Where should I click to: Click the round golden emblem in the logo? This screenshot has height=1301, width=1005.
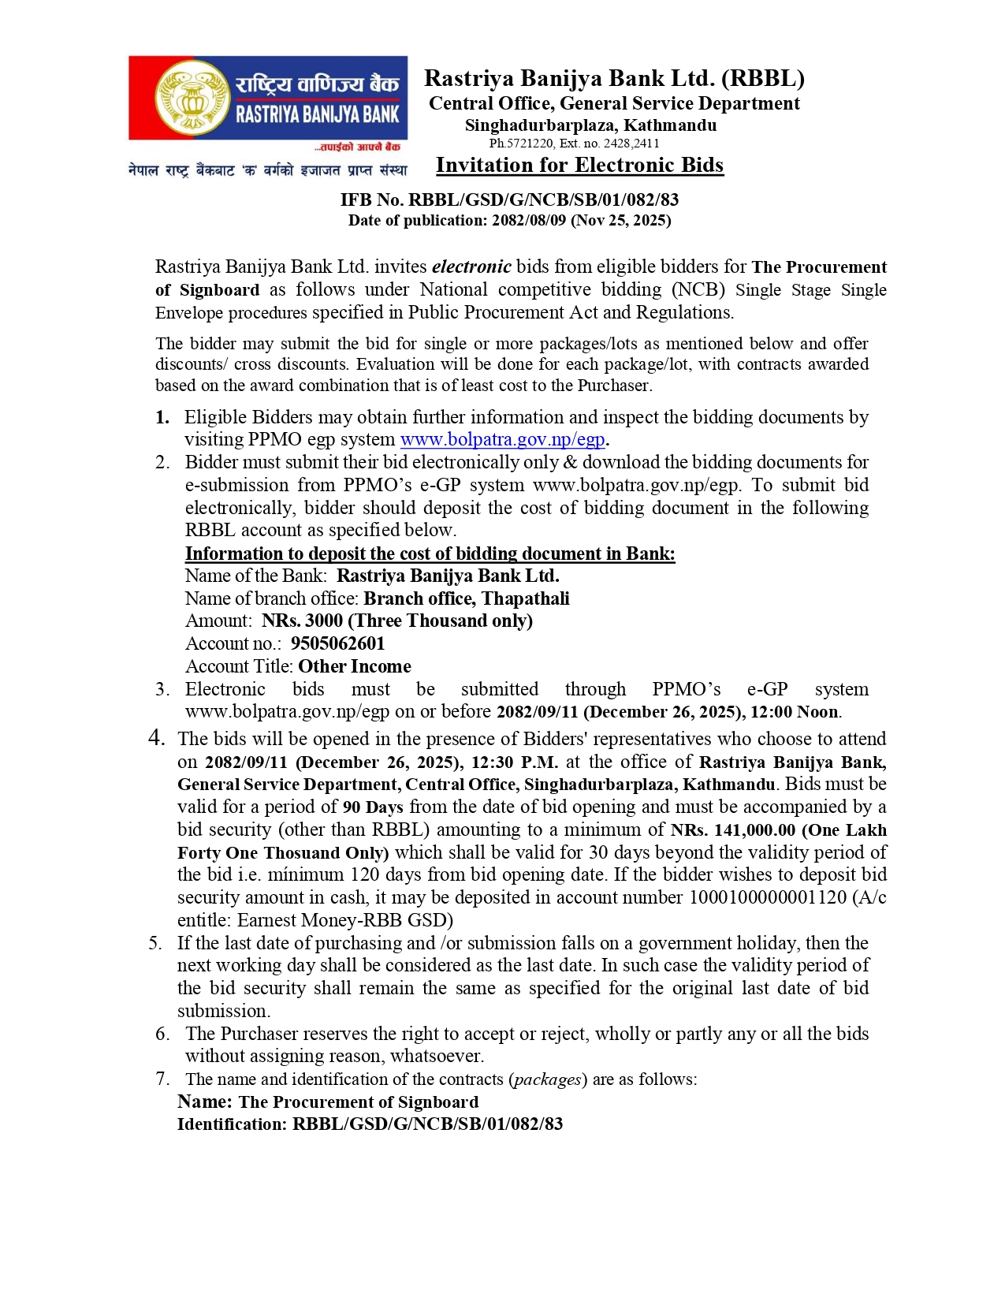tap(190, 98)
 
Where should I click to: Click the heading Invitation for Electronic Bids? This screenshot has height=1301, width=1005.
tap(579, 165)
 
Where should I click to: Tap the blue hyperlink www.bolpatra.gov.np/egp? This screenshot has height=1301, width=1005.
tap(502, 440)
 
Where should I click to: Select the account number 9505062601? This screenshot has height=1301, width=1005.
tap(337, 643)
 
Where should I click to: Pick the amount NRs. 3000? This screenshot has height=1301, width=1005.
tap(302, 621)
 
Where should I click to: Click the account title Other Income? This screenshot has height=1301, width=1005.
tap(355, 666)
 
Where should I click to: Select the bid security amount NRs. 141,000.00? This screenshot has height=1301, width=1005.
tap(732, 830)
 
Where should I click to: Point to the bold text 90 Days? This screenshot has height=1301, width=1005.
tap(373, 807)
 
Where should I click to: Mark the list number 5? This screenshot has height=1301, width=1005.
tap(155, 943)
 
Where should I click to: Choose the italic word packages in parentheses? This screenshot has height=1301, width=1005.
tap(548, 1079)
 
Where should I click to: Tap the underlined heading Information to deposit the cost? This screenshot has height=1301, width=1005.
tap(430, 554)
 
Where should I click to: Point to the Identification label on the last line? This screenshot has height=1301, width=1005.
tap(232, 1124)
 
